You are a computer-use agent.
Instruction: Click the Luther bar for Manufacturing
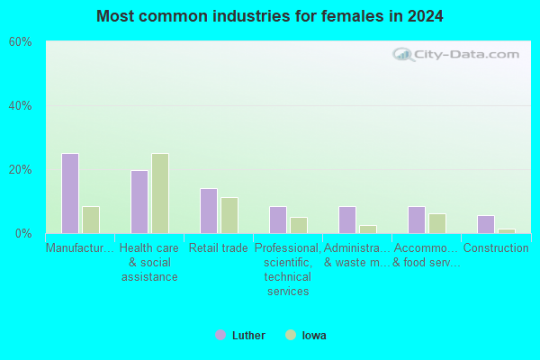(70, 193)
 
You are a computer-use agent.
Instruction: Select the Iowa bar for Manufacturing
(91, 220)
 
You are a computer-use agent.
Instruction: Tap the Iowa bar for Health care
(160, 193)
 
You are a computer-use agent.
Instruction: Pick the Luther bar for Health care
(139, 202)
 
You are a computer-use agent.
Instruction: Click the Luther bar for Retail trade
(209, 211)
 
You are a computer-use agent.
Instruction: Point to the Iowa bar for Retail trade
(229, 216)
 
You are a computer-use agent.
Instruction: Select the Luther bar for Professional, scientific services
(278, 220)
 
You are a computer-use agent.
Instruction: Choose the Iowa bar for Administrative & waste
(368, 229)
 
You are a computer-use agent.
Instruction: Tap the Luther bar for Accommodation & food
(417, 220)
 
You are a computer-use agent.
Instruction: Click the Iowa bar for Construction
(507, 231)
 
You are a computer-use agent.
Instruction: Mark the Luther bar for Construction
(486, 225)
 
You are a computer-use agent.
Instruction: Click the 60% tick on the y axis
(21, 42)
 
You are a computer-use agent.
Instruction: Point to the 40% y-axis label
(21, 106)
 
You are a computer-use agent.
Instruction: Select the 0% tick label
(23, 234)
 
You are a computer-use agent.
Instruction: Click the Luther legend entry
(240, 335)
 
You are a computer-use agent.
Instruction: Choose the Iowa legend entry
(306, 335)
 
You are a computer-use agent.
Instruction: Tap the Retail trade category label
(219, 247)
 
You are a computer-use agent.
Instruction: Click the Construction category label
(496, 247)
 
